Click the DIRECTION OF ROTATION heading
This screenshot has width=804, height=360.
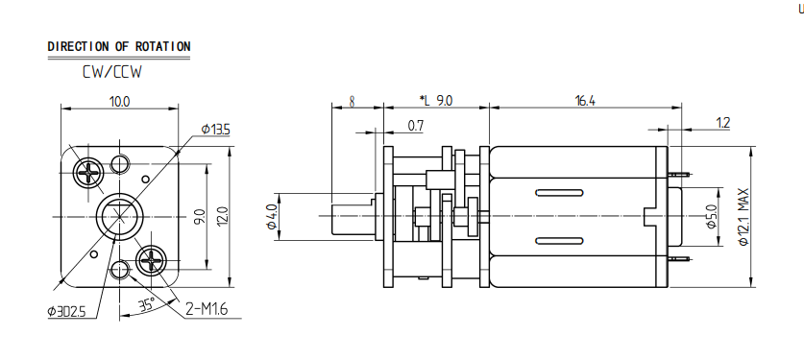click(118, 46)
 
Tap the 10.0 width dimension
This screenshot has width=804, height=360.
click(119, 100)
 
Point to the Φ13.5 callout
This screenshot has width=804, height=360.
click(215, 129)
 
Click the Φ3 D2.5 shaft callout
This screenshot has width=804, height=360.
click(66, 311)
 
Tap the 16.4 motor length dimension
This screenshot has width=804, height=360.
click(584, 100)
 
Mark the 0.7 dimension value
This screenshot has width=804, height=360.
click(416, 126)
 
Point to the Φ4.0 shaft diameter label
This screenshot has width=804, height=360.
click(272, 217)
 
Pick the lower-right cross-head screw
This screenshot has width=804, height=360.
click(154, 259)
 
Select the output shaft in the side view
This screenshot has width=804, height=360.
click(352, 218)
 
